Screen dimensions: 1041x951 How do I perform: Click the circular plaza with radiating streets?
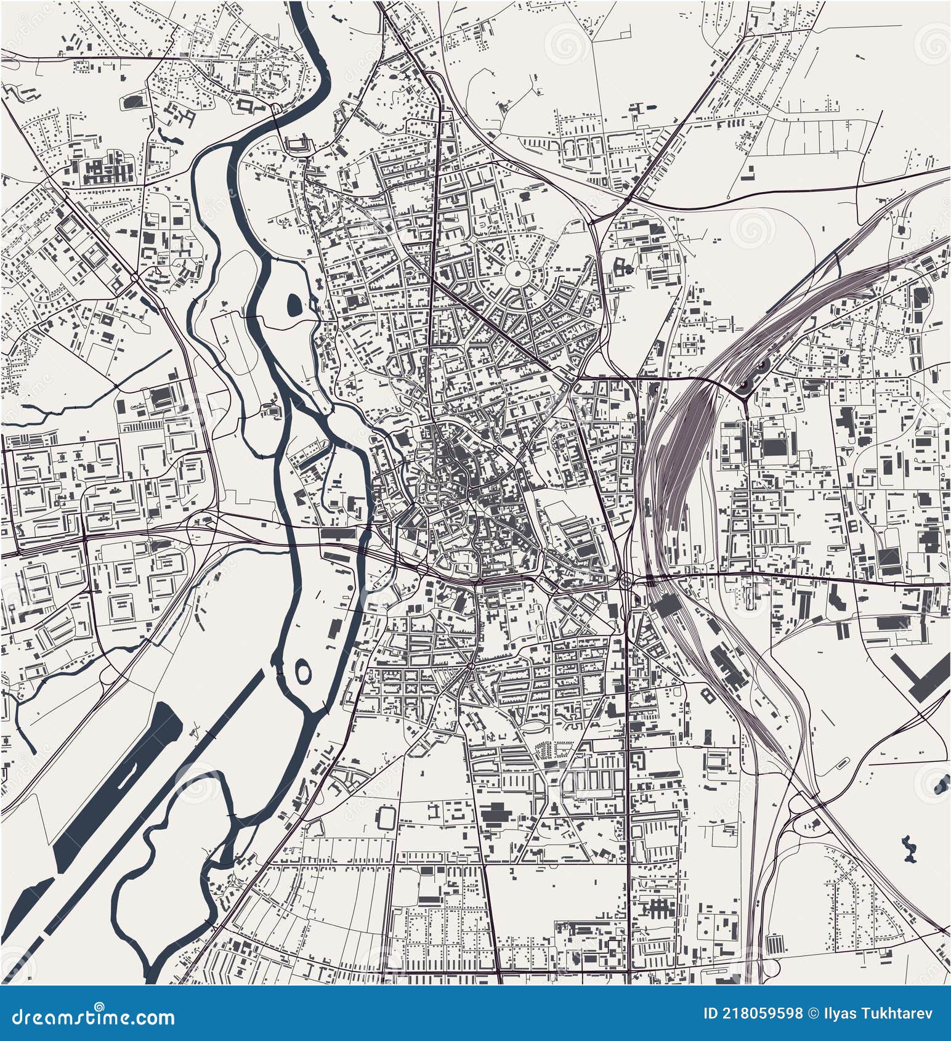[516, 271]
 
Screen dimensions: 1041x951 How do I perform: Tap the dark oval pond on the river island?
[294, 302]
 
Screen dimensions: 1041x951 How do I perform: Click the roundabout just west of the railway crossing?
[628, 579]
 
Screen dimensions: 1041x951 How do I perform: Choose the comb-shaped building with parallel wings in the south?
[659, 906]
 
